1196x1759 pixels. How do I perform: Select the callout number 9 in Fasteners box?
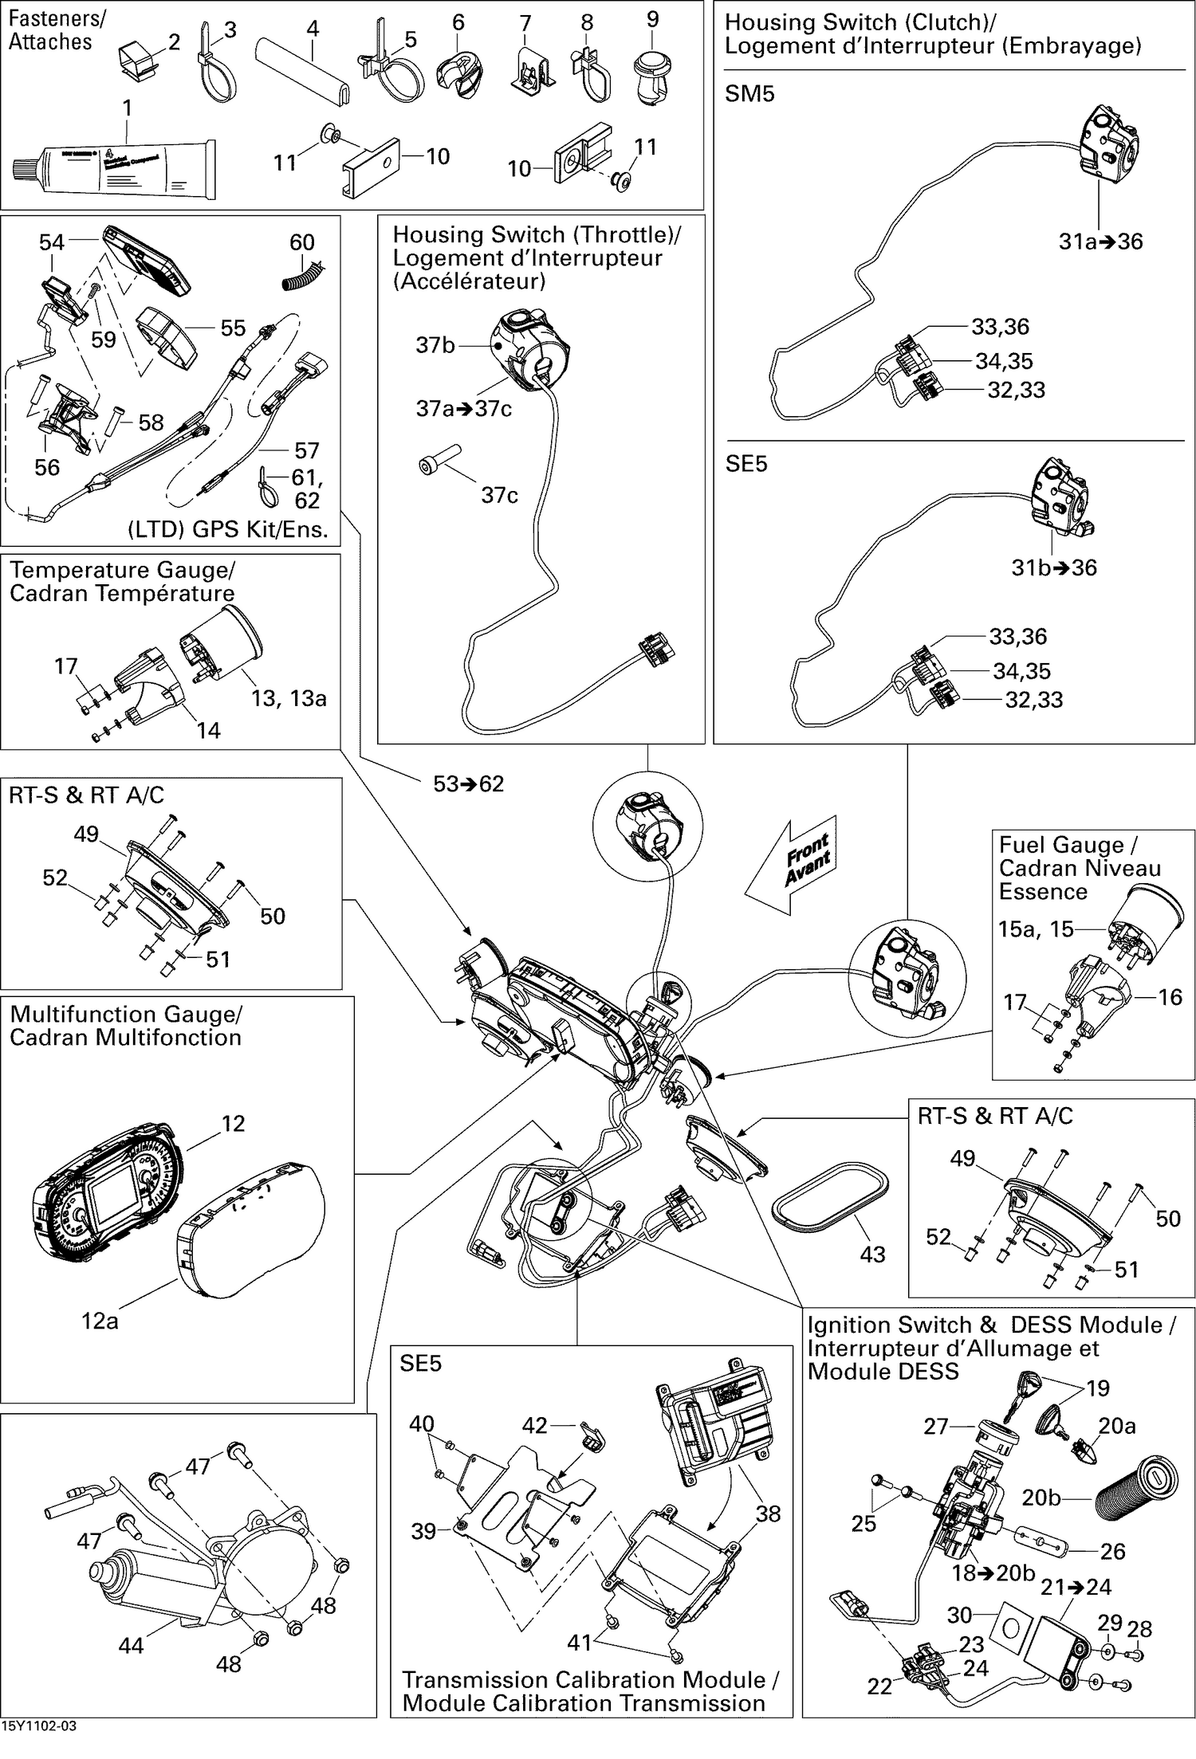pos(652,19)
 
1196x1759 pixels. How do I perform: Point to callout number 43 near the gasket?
pos(872,1254)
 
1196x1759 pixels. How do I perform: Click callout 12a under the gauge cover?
pos(100,1321)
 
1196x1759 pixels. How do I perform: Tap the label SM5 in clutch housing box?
pos(749,94)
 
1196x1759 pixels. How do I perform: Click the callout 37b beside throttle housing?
pos(435,345)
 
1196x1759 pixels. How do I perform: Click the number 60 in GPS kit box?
pos(302,242)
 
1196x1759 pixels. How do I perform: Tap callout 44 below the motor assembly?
pos(131,1645)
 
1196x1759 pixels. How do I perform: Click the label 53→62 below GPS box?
pos(468,783)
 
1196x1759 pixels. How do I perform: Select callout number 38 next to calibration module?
pos(768,1514)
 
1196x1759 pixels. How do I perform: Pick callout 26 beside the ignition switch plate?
pos(1112,1550)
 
